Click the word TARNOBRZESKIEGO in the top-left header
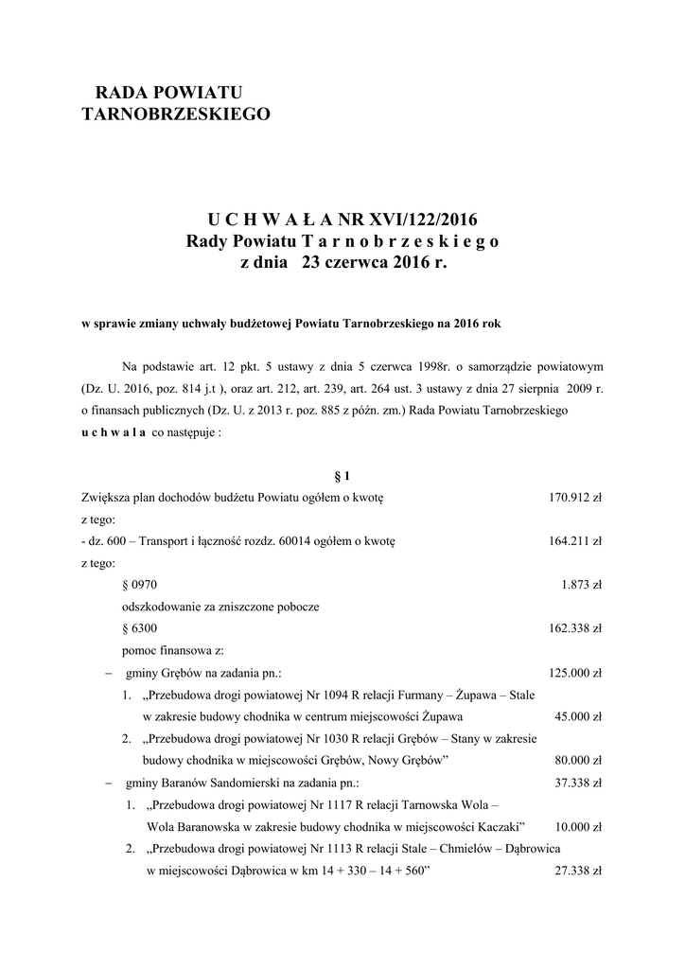pos(177,115)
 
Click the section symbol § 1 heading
pos(342,475)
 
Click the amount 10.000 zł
pos(578,826)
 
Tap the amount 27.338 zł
pos(578,870)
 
